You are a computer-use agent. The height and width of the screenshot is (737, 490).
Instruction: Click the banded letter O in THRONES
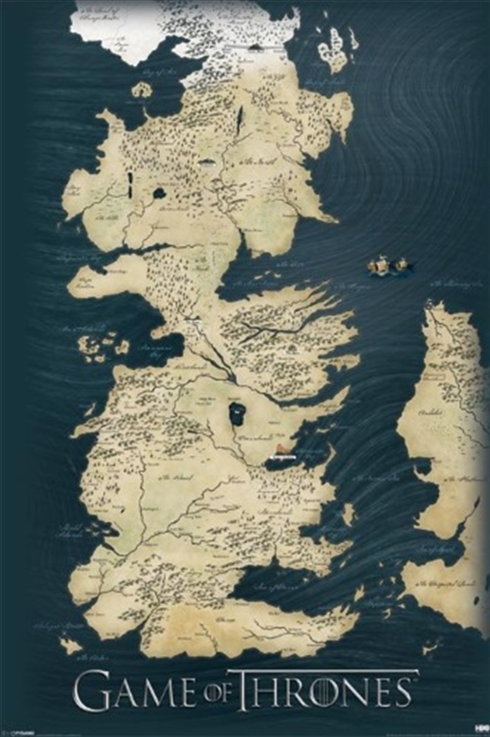pyautogui.click(x=324, y=692)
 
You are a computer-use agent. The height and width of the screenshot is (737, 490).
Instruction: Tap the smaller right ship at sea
pyautogui.click(x=401, y=265)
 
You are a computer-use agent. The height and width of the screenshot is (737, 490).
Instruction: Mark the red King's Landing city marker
pyautogui.click(x=282, y=450)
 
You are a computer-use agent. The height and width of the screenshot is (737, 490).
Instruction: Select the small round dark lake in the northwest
pyautogui.click(x=159, y=193)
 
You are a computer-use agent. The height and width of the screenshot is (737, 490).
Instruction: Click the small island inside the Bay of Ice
pyautogui.click(x=141, y=90)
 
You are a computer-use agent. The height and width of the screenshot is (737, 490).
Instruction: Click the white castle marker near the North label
pyautogui.click(x=207, y=163)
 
